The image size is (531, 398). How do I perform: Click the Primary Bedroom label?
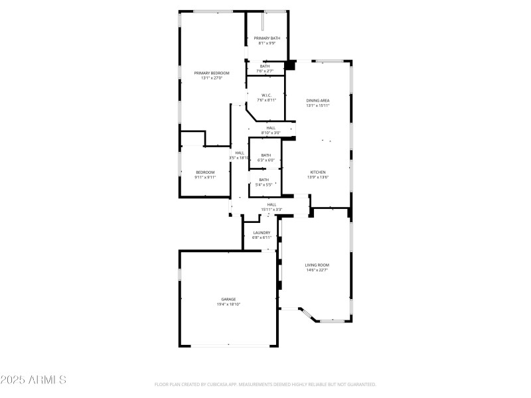[x=212, y=72]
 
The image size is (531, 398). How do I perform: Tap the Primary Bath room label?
[x=267, y=38]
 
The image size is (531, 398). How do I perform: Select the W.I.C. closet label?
[x=266, y=95]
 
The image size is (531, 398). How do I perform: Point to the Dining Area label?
[x=318, y=100]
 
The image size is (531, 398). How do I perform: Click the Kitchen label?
[x=318, y=172]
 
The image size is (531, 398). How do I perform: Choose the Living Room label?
[x=317, y=265]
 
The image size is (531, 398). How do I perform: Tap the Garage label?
[x=228, y=299]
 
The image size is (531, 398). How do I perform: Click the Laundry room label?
[x=262, y=233]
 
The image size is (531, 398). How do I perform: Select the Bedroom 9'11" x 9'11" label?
[x=205, y=172]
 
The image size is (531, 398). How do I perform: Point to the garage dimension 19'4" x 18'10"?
[x=228, y=304]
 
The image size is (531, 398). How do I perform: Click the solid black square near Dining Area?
[x=289, y=66]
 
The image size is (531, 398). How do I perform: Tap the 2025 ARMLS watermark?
[x=34, y=381]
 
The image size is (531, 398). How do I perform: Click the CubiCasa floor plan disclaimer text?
[x=265, y=384]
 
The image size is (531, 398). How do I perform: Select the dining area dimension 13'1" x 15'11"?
[x=318, y=105]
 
